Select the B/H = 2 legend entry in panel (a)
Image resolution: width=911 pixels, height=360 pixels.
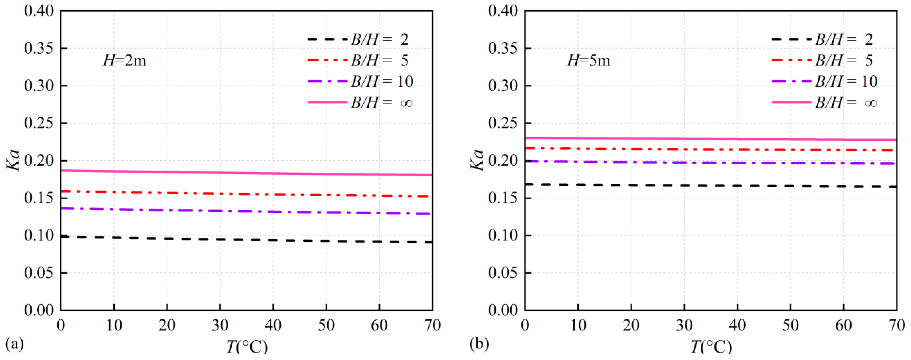(358, 40)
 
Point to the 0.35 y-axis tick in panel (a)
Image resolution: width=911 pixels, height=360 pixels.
(39, 48)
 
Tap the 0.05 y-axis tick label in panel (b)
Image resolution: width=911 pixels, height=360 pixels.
(503, 273)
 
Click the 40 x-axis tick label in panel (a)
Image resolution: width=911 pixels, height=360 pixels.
(273, 325)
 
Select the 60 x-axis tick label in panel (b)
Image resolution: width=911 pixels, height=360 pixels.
(844, 325)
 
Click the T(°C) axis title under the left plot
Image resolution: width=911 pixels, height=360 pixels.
(247, 347)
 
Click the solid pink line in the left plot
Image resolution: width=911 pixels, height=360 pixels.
(247, 173)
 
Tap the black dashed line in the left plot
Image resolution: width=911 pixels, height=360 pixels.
(247, 239)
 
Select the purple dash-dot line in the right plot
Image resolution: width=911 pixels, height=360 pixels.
(711, 163)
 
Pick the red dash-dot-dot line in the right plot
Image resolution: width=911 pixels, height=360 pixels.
(711, 149)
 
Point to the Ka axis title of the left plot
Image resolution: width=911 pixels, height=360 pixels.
(13, 160)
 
